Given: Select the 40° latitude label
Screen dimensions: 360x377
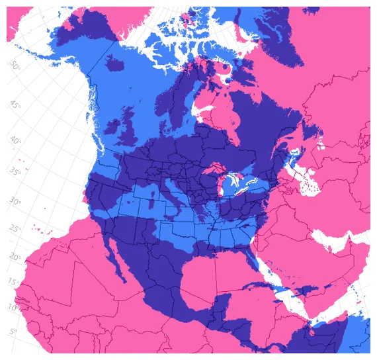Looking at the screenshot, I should pos(15,142).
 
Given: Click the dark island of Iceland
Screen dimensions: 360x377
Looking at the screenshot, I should pos(115,64).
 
